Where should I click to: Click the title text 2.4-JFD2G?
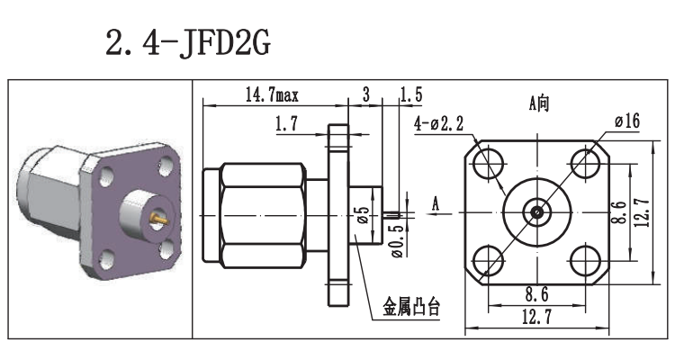coord(187,42)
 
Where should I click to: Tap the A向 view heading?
coord(538,103)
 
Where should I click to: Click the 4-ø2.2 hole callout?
coord(438,123)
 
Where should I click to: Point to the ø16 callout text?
coord(627,121)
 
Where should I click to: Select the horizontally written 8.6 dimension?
coord(537,292)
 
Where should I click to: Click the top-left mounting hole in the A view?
coord(490,165)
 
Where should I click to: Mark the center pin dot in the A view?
coord(537,212)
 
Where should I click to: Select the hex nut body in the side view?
coord(261,214)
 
